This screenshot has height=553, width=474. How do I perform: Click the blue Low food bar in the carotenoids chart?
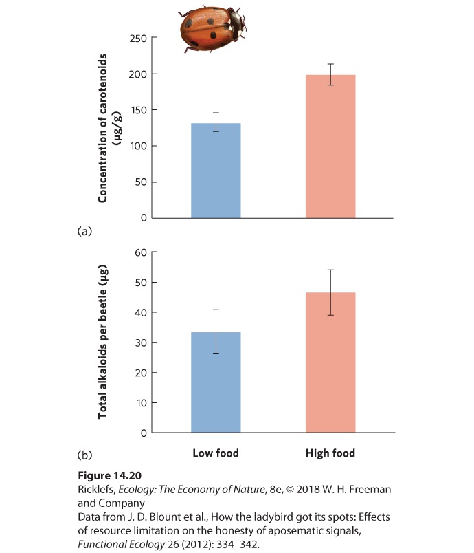216,171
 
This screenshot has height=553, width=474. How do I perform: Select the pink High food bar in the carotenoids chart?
330,147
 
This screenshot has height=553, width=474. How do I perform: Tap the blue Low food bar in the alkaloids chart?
216,382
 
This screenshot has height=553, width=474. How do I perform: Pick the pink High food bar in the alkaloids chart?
330,362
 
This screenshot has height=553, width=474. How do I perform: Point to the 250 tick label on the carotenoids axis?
138,38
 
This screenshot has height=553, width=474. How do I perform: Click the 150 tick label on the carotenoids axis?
138,110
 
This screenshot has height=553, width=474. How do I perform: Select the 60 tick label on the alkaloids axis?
141,252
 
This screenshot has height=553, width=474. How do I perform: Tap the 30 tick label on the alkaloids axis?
141,343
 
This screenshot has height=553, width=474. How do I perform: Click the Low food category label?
216,453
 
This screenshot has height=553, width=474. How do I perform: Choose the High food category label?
330,453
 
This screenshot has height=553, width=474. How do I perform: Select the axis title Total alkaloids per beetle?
102,342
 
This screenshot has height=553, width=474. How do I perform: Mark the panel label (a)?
84,231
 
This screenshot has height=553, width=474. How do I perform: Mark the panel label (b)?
84,455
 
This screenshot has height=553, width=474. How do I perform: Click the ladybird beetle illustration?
212,28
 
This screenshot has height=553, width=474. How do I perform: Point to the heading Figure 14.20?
109,475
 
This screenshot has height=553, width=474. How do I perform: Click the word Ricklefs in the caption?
96,490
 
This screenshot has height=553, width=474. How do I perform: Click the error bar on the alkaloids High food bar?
330,292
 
